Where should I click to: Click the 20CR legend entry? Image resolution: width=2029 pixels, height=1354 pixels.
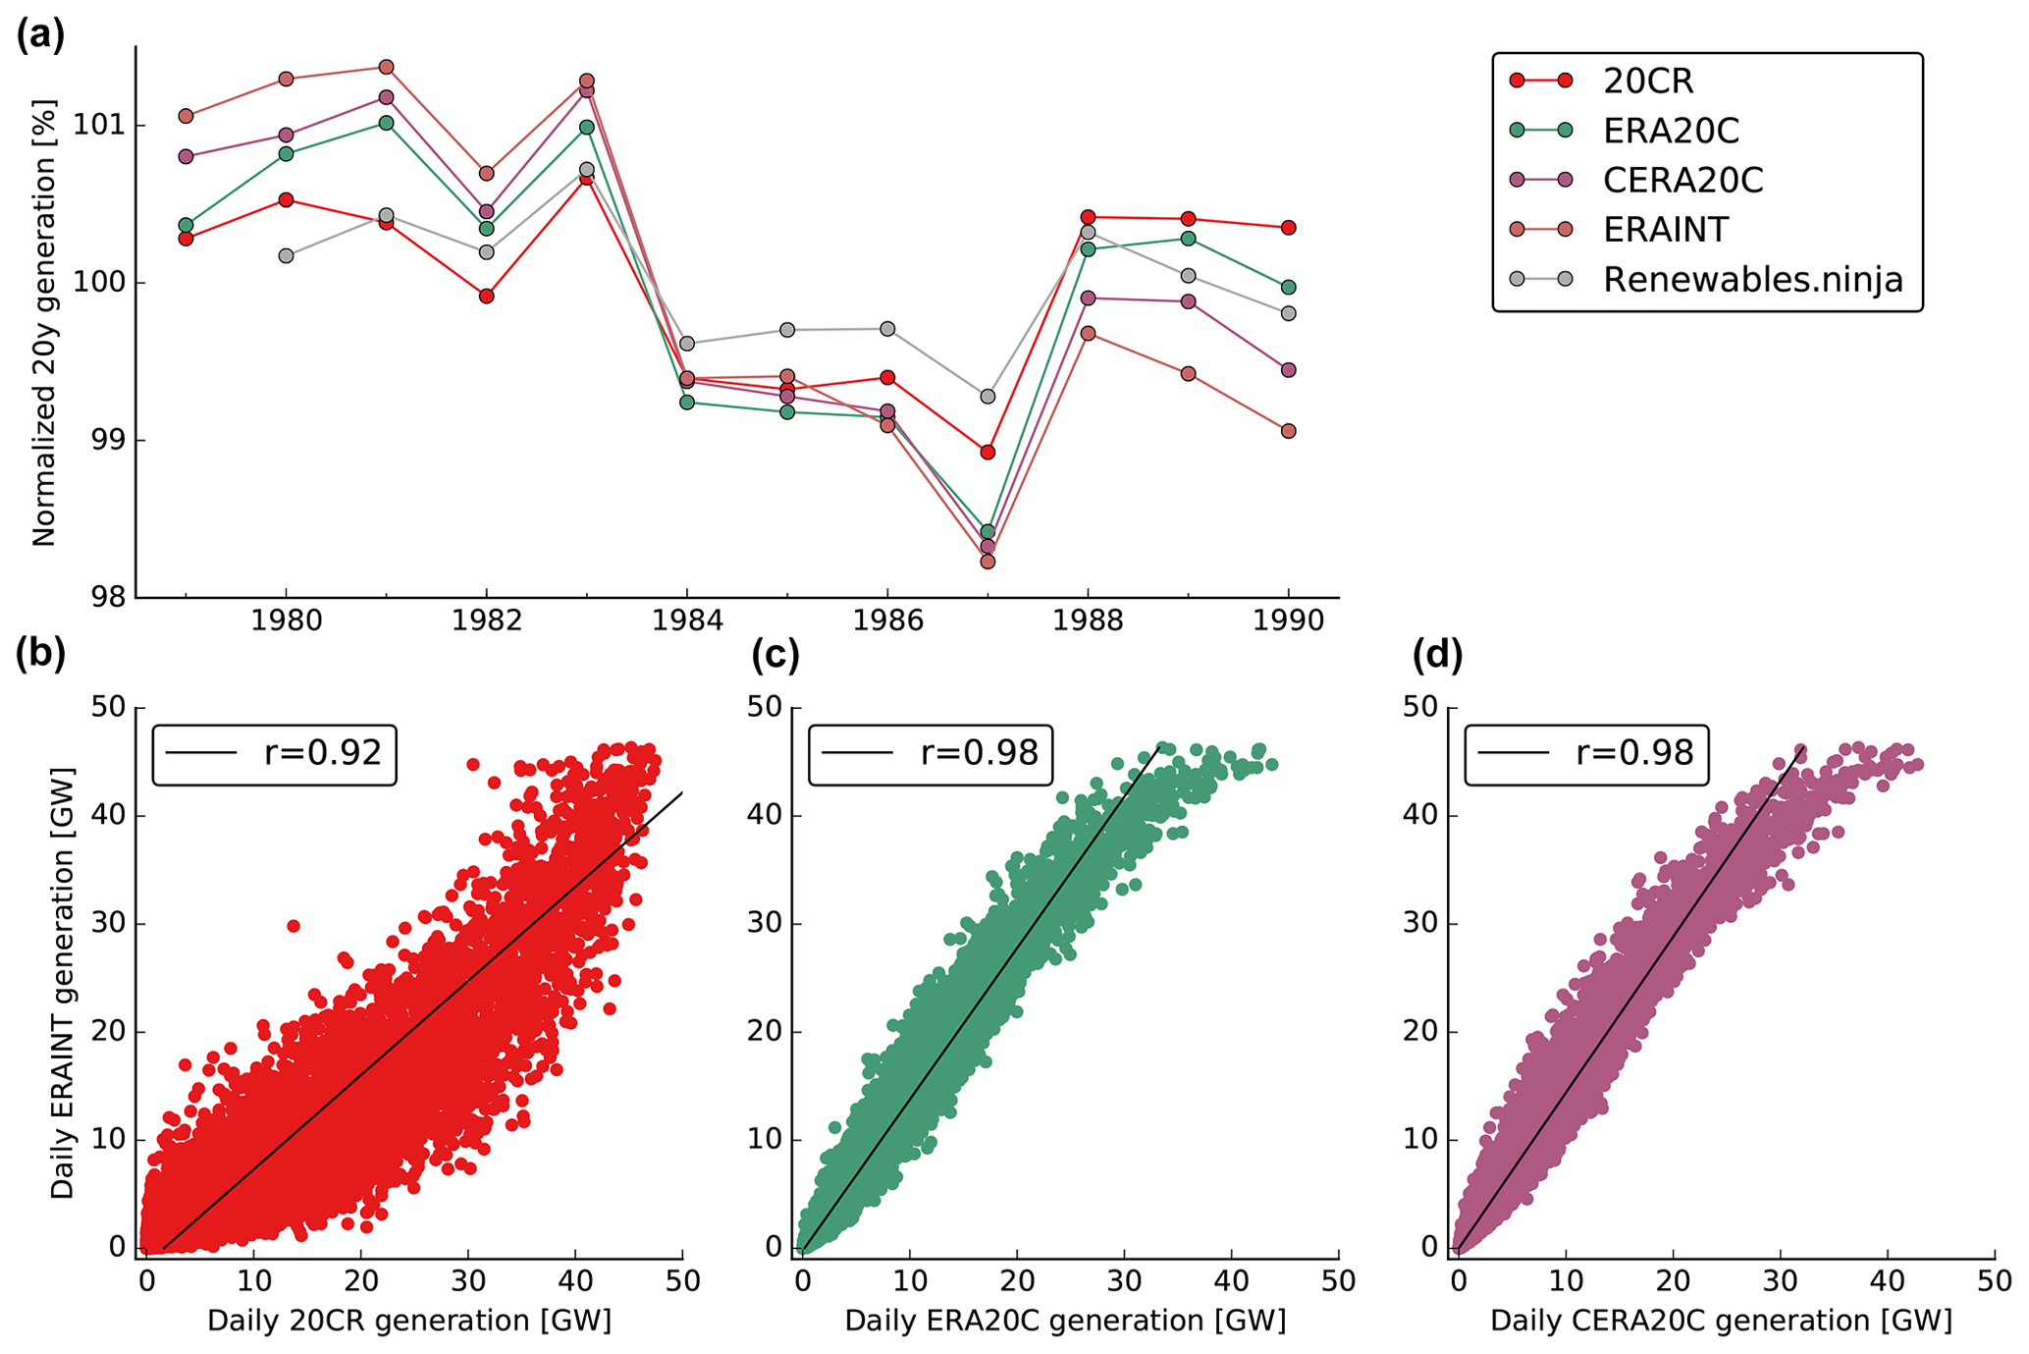[x=1648, y=81]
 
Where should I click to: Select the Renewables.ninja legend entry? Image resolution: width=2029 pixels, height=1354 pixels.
[x=1752, y=280]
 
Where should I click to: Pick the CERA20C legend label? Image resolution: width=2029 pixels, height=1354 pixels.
[x=1682, y=180]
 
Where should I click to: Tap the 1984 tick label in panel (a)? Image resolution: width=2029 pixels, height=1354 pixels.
[x=687, y=621]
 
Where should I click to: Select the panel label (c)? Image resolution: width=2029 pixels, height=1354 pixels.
[x=775, y=655]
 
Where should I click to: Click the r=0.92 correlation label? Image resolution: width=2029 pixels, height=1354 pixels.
[x=322, y=753]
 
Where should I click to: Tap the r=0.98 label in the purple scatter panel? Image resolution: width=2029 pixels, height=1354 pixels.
[x=1634, y=753]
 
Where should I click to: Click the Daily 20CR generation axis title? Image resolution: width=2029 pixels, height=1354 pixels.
[x=409, y=1321]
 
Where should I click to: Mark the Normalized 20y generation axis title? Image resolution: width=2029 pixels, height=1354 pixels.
[x=44, y=323]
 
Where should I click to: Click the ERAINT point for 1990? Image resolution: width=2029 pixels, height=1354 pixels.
[x=1288, y=431]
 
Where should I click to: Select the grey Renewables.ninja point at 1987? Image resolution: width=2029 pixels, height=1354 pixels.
[x=988, y=397]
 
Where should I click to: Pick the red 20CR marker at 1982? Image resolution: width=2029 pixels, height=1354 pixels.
[x=486, y=296]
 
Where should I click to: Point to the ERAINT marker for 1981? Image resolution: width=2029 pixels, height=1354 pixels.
[x=386, y=67]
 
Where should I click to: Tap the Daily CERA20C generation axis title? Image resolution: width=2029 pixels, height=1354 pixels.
[x=1721, y=1321]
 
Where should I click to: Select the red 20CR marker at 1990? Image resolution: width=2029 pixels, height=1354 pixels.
[x=1288, y=228]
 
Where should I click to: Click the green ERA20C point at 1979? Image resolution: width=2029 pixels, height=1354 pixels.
[x=186, y=225]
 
